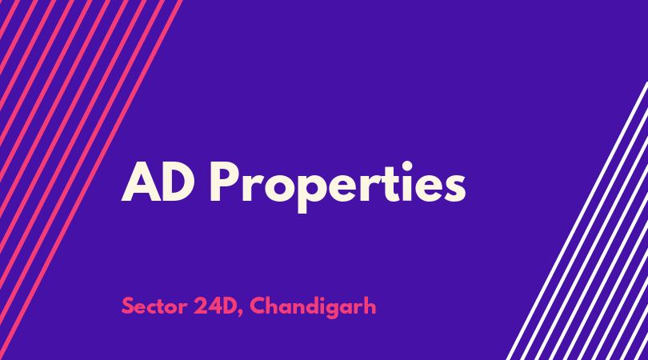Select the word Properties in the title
[x=338, y=187]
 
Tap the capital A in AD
[x=141, y=182]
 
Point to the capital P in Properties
[x=226, y=182]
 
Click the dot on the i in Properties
[x=407, y=166]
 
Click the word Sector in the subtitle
[x=154, y=306]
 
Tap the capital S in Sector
[x=128, y=306]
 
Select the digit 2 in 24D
[x=201, y=306]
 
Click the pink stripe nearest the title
[x=90, y=180]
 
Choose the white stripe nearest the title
[x=577, y=221]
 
